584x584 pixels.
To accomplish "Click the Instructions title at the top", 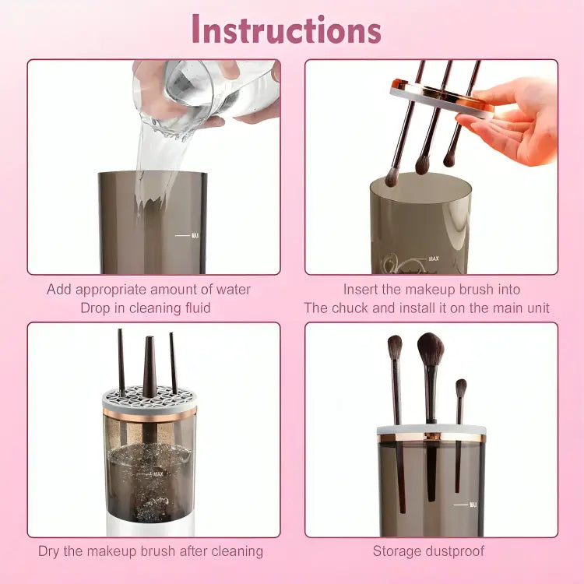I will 286,30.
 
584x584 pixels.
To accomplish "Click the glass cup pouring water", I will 204,87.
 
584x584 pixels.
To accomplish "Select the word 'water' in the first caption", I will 232,290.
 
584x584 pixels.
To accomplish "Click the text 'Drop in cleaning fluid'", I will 146,308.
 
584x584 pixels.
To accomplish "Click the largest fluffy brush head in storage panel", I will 430,350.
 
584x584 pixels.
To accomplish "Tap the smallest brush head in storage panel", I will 461,387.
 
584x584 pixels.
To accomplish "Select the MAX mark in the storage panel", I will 471,505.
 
